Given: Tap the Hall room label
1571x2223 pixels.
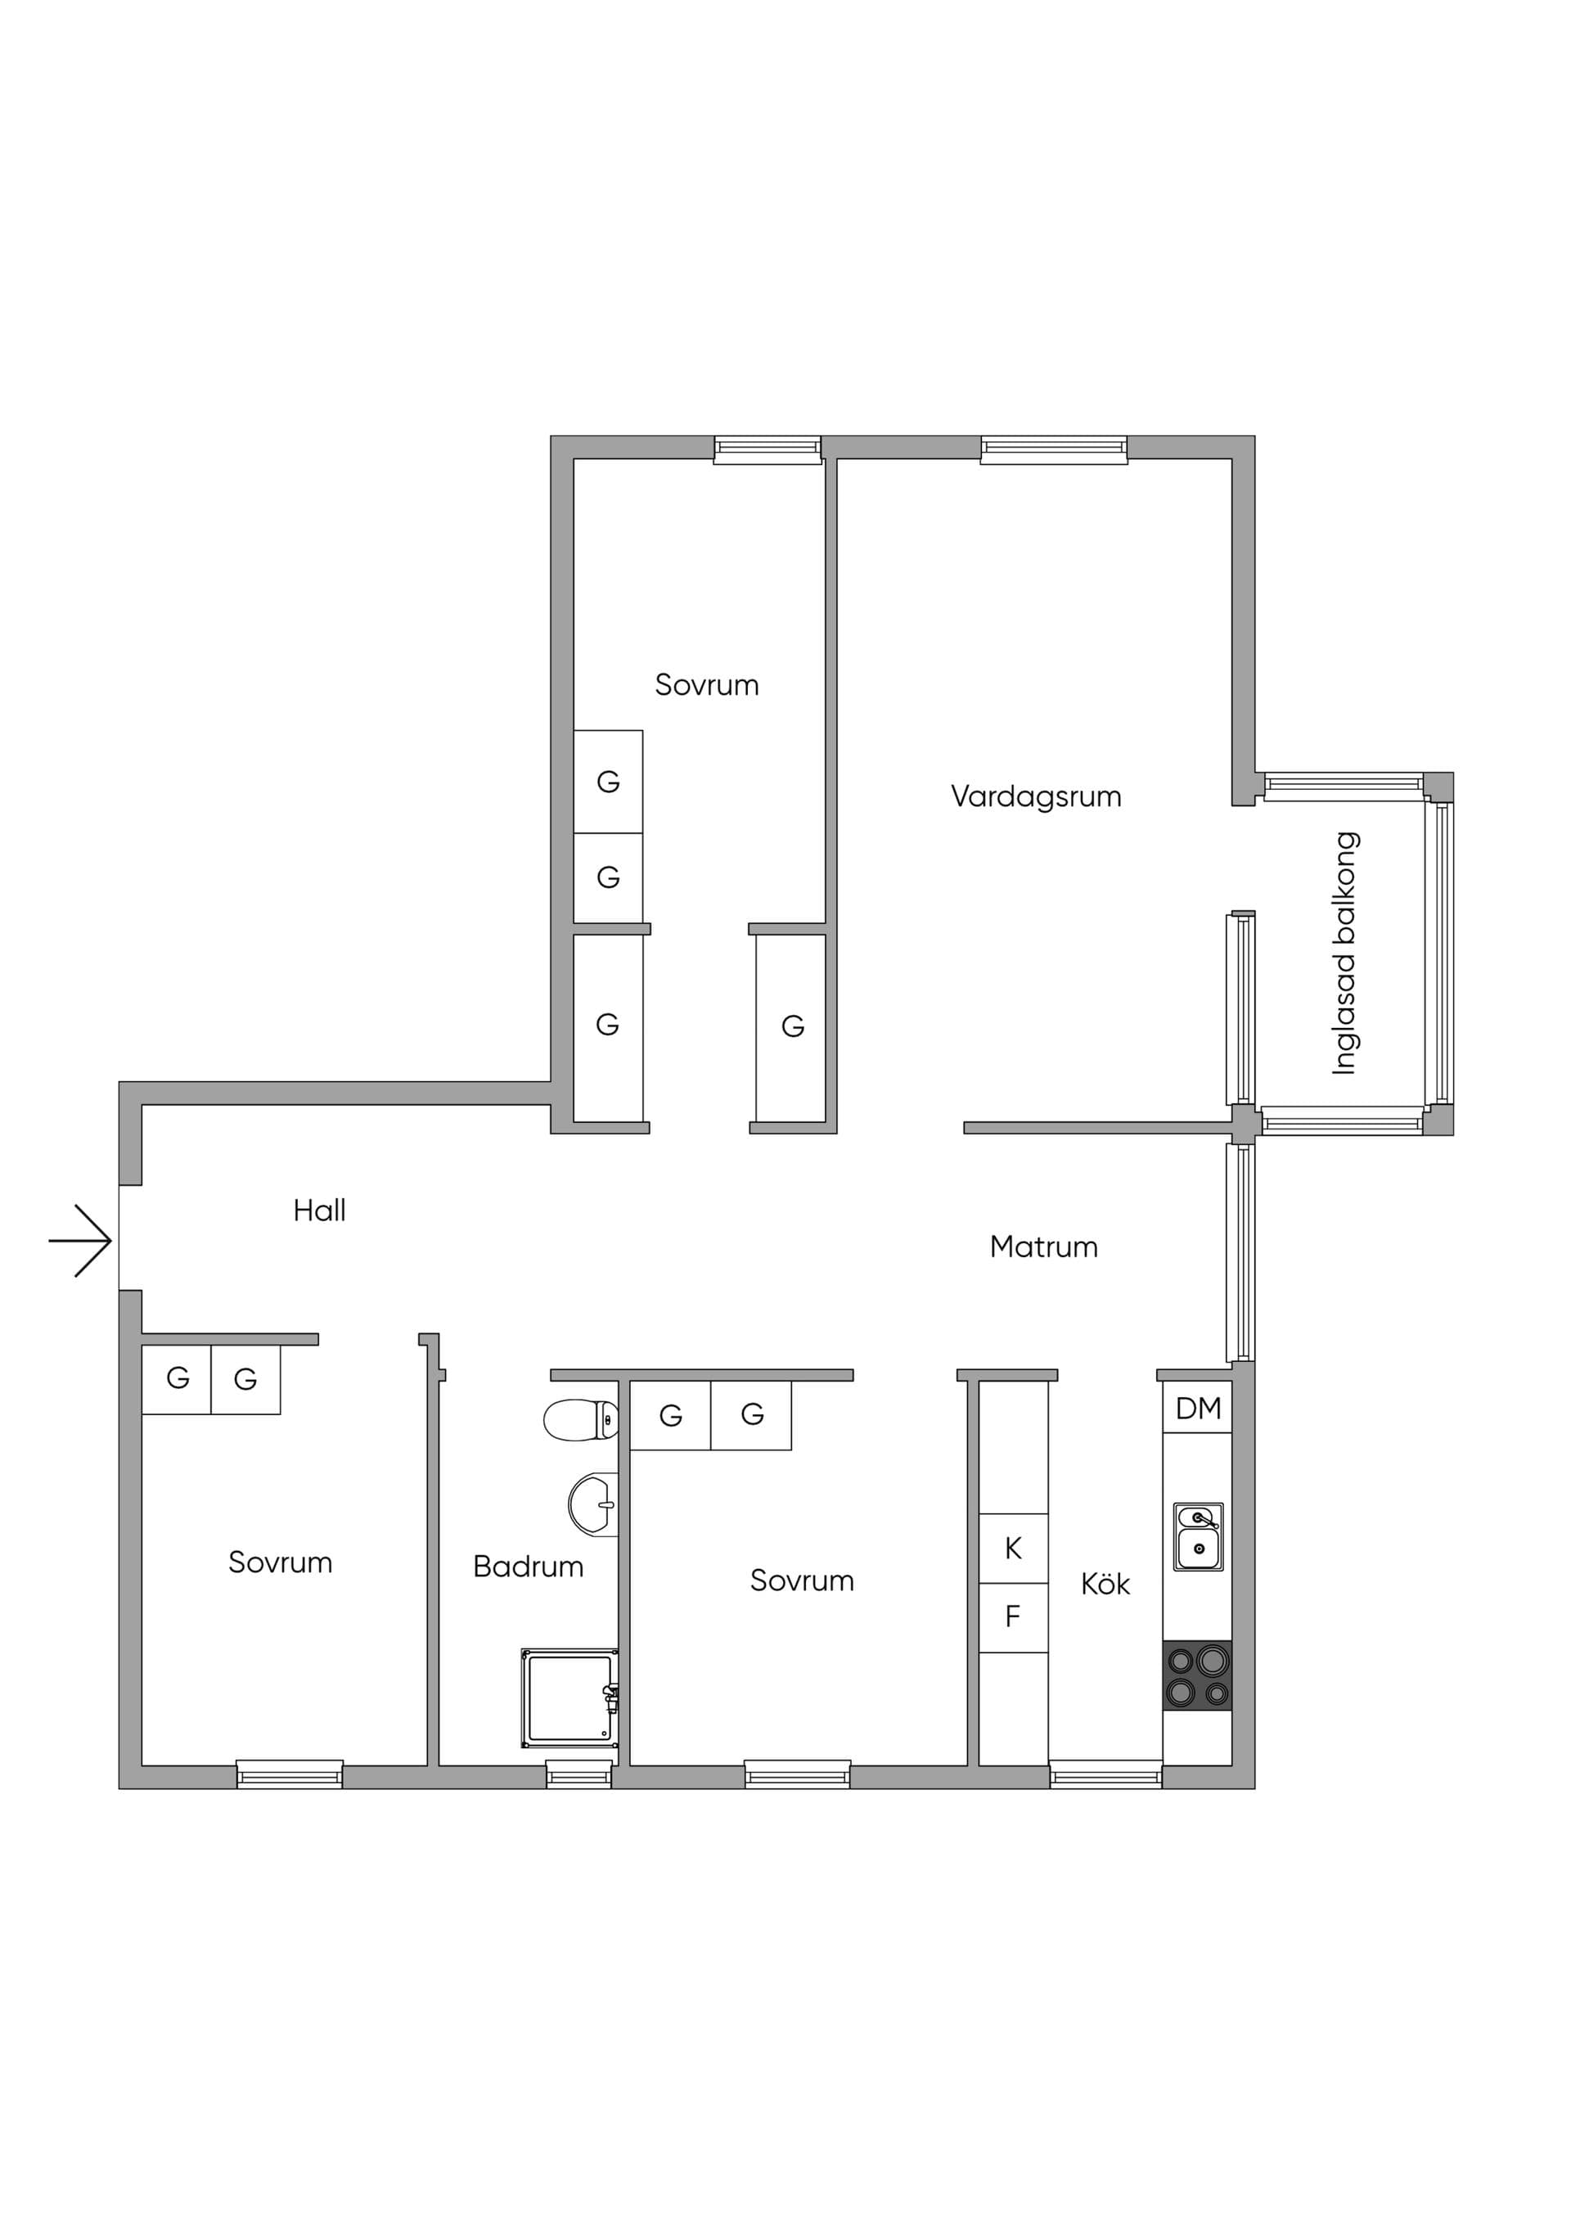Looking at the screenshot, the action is click(x=319, y=1211).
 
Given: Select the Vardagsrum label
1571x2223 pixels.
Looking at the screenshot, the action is click(x=1036, y=797).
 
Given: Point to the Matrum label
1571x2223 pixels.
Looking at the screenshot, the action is click(x=1043, y=1247).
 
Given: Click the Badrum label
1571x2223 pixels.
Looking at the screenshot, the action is click(x=528, y=1567).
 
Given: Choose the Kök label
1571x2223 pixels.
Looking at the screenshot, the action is click(x=1105, y=1583).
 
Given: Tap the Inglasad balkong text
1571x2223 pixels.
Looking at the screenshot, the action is click(x=1344, y=953).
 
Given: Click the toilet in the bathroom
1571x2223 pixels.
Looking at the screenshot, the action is click(x=581, y=1419).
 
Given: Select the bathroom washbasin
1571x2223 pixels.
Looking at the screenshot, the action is click(x=593, y=1504).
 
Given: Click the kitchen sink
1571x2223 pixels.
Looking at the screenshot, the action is click(x=1199, y=1536).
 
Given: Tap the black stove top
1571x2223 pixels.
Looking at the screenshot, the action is click(x=1197, y=1676).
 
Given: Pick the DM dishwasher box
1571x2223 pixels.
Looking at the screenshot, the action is click(x=1197, y=1408).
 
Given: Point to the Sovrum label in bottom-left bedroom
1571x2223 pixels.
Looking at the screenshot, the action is click(x=280, y=1562).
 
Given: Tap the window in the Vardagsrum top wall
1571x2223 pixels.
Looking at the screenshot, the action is click(x=1054, y=450).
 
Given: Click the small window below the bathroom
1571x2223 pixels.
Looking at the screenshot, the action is click(x=578, y=1774).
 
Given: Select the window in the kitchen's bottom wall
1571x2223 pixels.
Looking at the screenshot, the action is click(x=1105, y=1774).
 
